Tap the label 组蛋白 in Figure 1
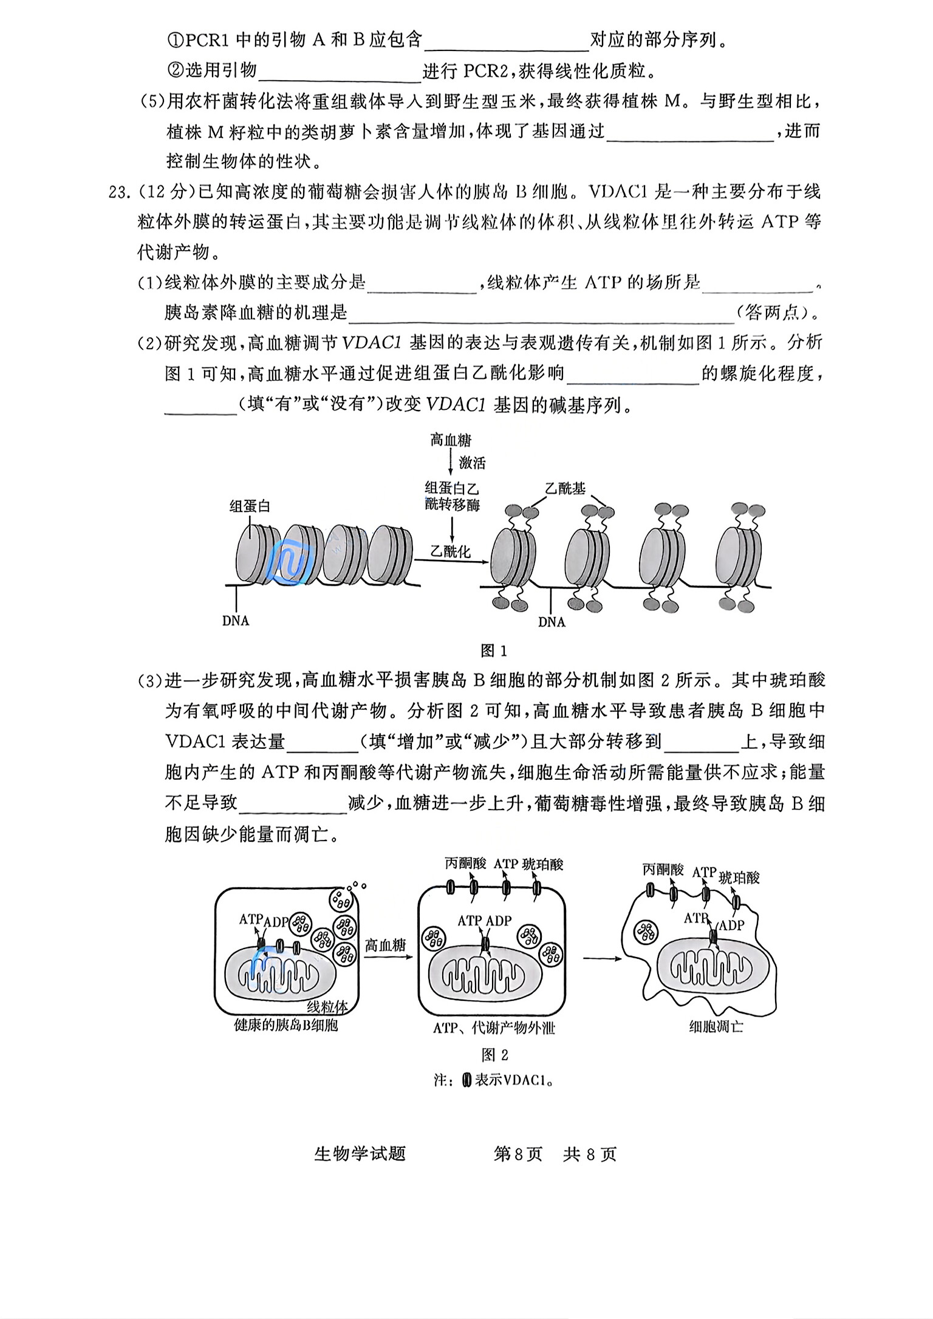[249, 506]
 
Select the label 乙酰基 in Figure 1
[565, 489]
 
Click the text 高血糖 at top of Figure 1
[451, 440]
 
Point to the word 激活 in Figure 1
[472, 463]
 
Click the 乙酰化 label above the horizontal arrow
[451, 551]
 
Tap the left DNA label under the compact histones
[236, 621]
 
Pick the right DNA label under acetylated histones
[552, 622]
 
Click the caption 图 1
[493, 651]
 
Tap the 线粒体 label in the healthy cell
[327, 1007]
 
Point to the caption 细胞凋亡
[716, 1027]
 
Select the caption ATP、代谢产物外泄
[494, 1028]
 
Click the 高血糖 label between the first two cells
[385, 945]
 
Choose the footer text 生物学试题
[360, 1154]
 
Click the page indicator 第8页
[518, 1154]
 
